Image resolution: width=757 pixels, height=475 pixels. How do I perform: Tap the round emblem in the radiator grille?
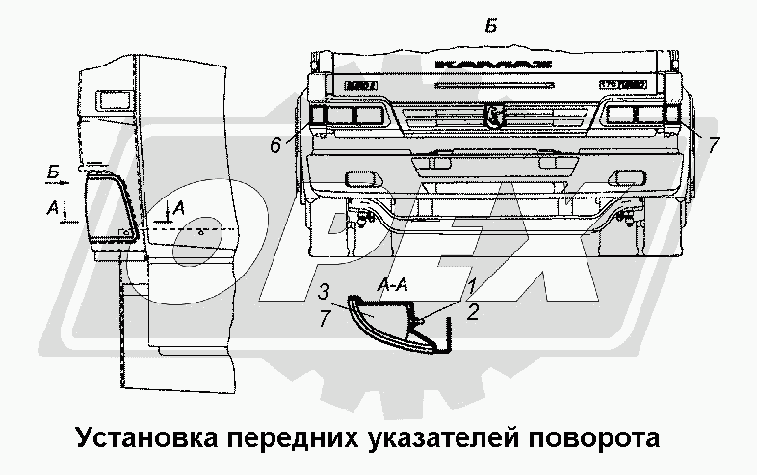pos(494,118)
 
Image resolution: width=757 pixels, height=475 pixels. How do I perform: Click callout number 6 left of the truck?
pos(275,145)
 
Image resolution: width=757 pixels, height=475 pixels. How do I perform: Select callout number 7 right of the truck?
pos(714,145)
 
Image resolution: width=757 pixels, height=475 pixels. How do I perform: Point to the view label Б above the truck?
pos(491,27)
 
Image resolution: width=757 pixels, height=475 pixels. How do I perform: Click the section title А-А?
pos(398,286)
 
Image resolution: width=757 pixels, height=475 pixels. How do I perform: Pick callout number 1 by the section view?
pos(471,285)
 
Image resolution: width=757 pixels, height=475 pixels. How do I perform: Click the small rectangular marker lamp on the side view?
pos(105,98)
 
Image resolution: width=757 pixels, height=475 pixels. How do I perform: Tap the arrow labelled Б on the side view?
pos(59,176)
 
